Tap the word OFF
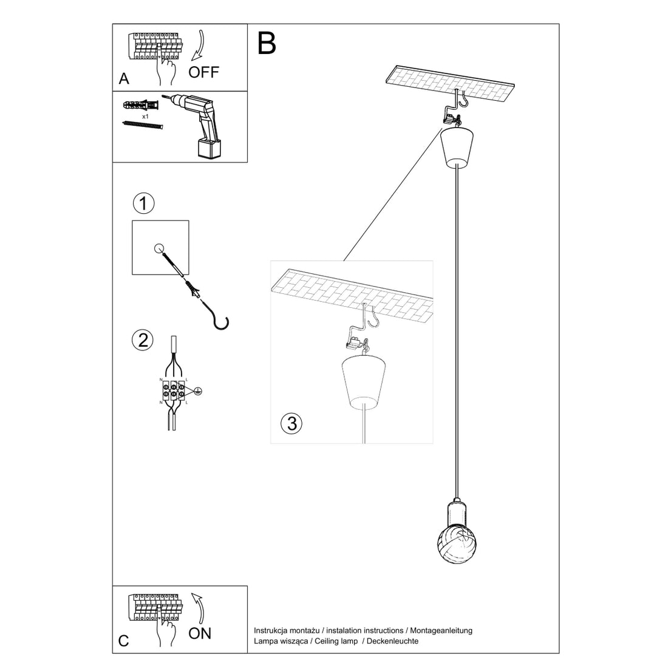point(203,73)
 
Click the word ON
point(200,633)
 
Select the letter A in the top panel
point(124,79)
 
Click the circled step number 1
point(143,203)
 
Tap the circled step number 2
point(143,340)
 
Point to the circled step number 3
point(292,423)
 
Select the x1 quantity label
point(146,116)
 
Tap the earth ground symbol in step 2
point(197,391)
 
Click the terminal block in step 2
point(174,390)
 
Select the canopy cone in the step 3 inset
point(363,381)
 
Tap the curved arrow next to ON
point(198,607)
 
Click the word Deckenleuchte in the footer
point(394,641)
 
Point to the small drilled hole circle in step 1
point(159,248)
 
